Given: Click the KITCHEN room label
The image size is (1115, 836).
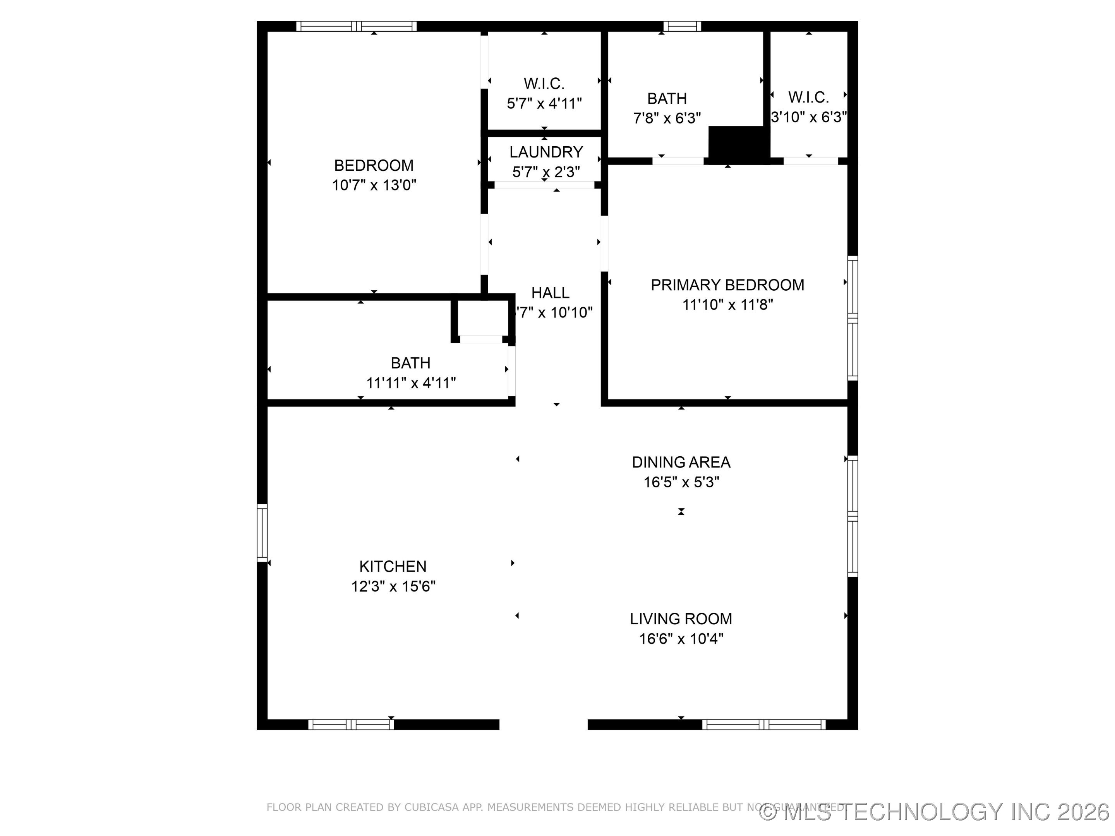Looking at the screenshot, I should pyautogui.click(x=393, y=566).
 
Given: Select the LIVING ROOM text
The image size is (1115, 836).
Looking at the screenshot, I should pyautogui.click(x=681, y=619).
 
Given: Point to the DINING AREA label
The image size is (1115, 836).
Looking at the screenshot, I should pyautogui.click(x=681, y=462).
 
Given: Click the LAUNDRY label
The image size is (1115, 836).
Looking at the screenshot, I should pyautogui.click(x=546, y=152).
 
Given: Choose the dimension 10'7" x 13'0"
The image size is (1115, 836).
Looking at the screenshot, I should pyautogui.click(x=374, y=185).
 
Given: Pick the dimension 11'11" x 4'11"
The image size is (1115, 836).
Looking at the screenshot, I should pyautogui.click(x=410, y=384).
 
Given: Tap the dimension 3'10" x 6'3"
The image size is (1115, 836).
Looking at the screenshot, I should pyautogui.click(x=808, y=117).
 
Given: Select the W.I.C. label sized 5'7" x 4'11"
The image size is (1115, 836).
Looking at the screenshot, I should pyautogui.click(x=544, y=84).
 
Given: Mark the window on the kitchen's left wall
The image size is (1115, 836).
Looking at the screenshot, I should pyautogui.click(x=262, y=533).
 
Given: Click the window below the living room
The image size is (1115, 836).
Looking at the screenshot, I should pyautogui.click(x=764, y=725).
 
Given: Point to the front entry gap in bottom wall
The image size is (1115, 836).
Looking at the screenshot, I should pyautogui.click(x=544, y=725).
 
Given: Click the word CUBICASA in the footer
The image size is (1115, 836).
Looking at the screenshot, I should pyautogui.click(x=431, y=807).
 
